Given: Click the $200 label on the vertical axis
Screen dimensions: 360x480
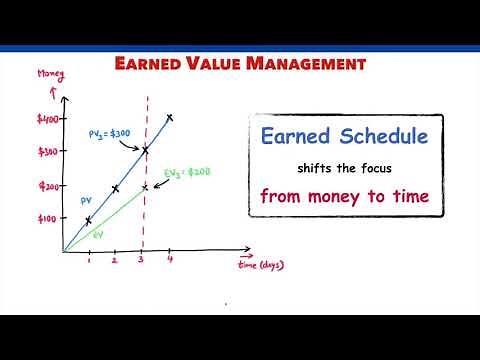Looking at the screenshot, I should point(48,186).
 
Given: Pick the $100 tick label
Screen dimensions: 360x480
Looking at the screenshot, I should point(48,218).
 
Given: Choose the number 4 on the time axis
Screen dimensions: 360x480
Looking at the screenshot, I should point(169,261).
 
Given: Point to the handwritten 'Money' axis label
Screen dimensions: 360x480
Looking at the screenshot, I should point(52,76).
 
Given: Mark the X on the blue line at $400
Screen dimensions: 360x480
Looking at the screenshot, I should point(170,117).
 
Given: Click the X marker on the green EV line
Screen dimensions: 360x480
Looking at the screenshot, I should point(145,186).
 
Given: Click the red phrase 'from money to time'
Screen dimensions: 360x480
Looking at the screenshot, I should point(345,195).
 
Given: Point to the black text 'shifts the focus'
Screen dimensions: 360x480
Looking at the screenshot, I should point(345,166).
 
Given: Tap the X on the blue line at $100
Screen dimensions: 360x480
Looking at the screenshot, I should point(88,219).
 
